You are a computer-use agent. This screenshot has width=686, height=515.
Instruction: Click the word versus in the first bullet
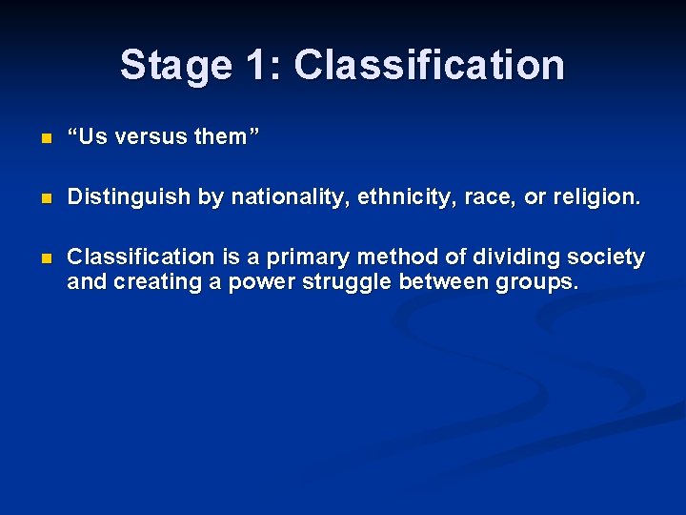tap(151, 137)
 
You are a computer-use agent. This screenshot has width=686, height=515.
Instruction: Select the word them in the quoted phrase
tap(220, 137)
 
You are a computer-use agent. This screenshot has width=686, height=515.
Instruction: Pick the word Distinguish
tap(129, 197)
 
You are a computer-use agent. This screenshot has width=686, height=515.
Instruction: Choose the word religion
tap(594, 197)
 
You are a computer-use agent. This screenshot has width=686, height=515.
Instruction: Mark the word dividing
tap(516, 257)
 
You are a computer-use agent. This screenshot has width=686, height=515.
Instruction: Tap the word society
tap(610, 257)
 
